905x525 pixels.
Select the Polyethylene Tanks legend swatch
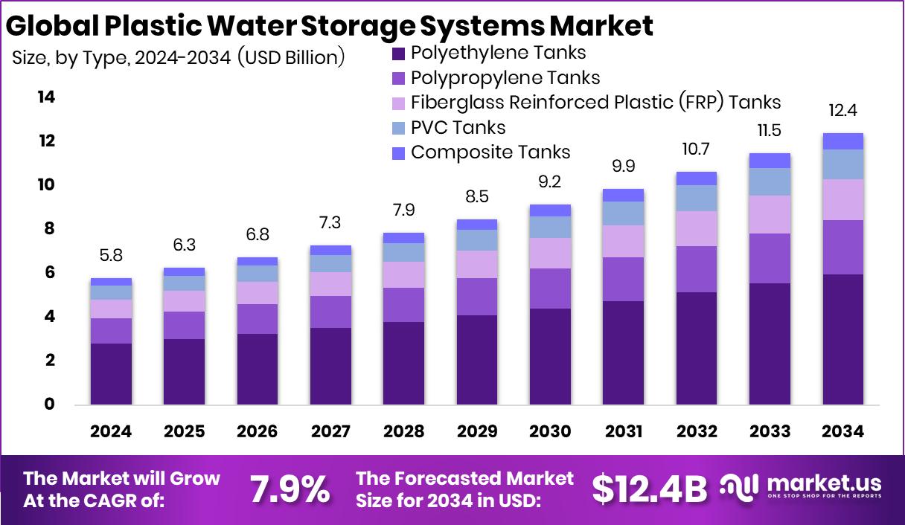click(398, 54)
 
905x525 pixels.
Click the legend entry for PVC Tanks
click(458, 127)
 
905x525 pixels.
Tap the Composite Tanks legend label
click(490, 152)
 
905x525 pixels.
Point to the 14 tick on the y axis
click(46, 97)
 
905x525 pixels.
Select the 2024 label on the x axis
click(111, 432)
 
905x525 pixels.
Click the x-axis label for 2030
click(550, 432)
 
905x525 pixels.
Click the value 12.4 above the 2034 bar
click(842, 112)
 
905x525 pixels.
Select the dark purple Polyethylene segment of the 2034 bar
click(842, 340)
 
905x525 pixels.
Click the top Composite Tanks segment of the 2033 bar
click(770, 161)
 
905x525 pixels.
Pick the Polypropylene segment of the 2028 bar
click(403, 305)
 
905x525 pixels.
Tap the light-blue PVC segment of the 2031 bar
click(623, 213)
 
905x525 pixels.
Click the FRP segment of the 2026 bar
click(258, 293)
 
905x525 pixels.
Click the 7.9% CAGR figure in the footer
click(290, 489)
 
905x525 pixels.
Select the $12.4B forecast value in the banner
click(649, 489)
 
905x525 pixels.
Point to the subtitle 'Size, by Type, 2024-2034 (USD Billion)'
click(179, 57)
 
